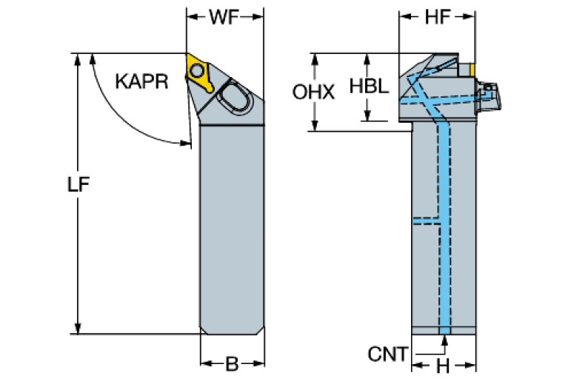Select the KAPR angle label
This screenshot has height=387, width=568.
pyautogui.click(x=140, y=81)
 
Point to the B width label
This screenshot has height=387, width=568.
pyautogui.click(x=232, y=364)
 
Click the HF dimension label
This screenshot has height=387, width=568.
pyautogui.click(x=437, y=18)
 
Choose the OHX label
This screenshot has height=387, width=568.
pyautogui.click(x=313, y=92)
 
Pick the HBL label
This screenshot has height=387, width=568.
pyautogui.click(x=368, y=86)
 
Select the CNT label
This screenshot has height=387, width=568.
pyautogui.click(x=387, y=354)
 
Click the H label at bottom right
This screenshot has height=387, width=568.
pyautogui.click(x=441, y=365)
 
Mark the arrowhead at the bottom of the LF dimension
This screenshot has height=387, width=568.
pyautogui.click(x=78, y=328)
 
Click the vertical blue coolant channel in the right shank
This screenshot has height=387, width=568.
pyautogui.click(x=445, y=222)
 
